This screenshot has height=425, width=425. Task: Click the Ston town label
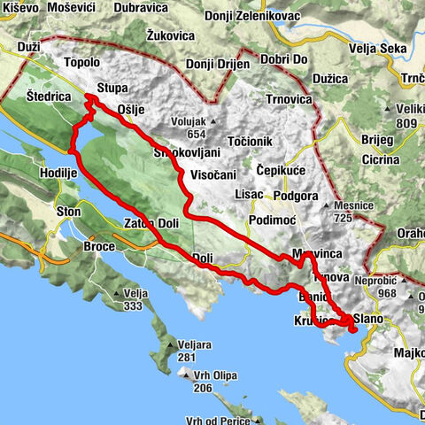[67, 212]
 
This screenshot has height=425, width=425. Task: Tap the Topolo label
[83, 64]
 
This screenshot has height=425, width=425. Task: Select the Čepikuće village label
[282, 169]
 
